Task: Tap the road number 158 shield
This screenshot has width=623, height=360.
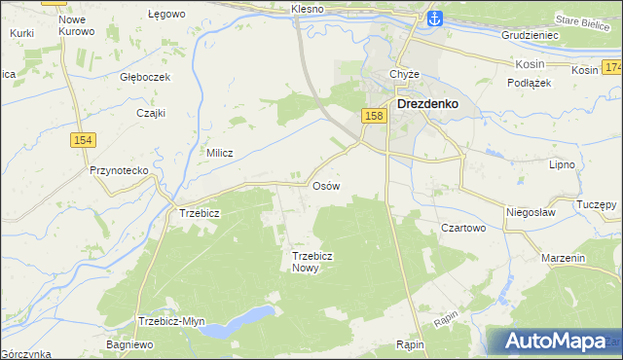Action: (375, 116)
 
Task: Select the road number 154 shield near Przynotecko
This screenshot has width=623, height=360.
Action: (81, 141)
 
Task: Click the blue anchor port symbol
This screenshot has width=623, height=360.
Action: (434, 18)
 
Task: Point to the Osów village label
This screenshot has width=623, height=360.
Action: (325, 185)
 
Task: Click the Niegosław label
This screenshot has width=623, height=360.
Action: (530, 211)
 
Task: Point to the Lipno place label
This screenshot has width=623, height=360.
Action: (562, 165)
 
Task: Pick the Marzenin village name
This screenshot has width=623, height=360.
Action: (564, 259)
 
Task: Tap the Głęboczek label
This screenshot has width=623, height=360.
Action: (145, 77)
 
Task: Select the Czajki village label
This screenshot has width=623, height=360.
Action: (151, 112)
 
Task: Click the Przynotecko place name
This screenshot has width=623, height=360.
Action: (118, 170)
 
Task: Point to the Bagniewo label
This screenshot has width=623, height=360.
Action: (130, 344)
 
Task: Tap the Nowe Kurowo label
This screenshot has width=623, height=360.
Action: (76, 25)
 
